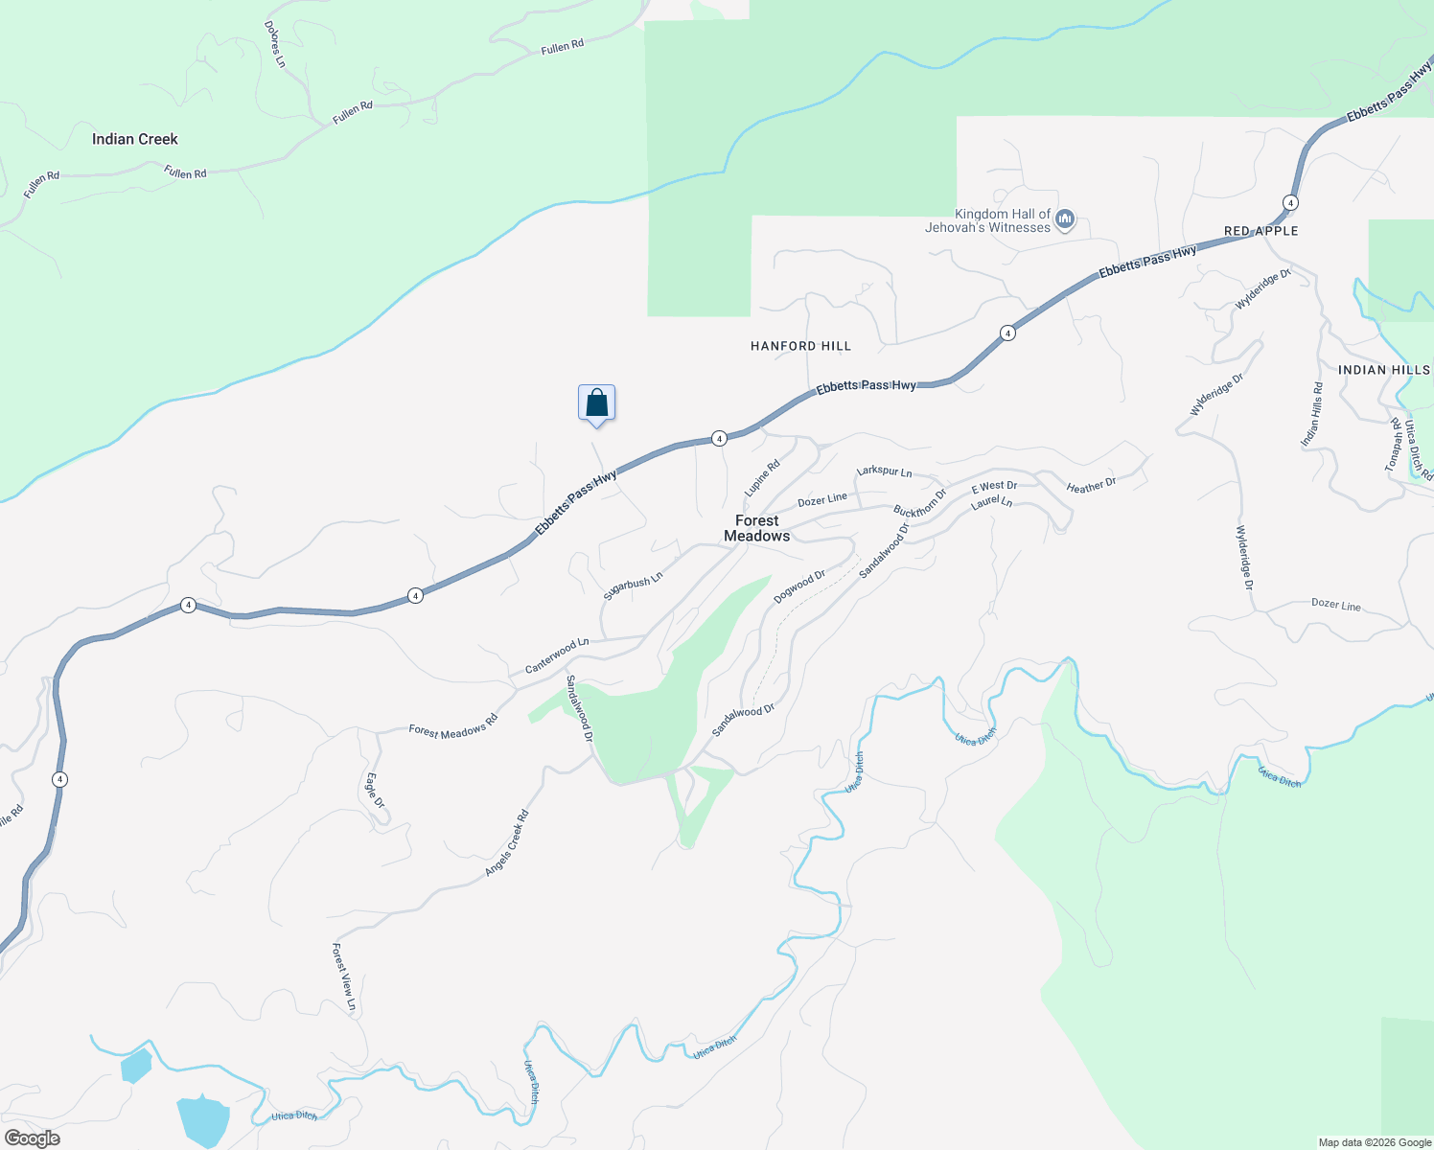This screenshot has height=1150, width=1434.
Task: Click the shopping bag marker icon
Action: pos(596,403)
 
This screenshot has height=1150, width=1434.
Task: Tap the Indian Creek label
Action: pos(135,139)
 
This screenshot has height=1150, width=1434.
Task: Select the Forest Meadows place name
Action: pos(757,528)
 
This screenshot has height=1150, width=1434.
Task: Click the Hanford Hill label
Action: pos(800,346)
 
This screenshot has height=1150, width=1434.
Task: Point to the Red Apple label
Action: pos(1261,231)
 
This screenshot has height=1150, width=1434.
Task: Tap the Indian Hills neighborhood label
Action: pos(1383,370)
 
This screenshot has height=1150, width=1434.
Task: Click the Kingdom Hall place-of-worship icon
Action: pos(1064,221)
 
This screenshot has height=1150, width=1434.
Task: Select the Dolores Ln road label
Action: pos(275,44)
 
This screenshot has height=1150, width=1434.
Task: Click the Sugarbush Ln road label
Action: pos(633,586)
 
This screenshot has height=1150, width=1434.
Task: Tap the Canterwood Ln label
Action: pos(556,655)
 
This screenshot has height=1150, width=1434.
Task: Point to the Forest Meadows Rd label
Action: pos(453,725)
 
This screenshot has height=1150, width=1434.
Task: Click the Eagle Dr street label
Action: pos(375,790)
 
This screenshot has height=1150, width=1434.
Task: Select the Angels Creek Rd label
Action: pos(507,843)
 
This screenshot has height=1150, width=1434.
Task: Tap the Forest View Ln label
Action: pos(343,977)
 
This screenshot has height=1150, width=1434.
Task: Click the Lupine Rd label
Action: pos(763,478)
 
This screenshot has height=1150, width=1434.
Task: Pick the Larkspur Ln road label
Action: pos(884,471)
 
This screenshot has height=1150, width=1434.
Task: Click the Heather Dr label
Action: pos(1091,486)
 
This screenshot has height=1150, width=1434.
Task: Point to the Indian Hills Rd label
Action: pos(1311,414)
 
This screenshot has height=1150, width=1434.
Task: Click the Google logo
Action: pos(33,1138)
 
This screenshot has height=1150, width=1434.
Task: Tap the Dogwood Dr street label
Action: pos(799,586)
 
